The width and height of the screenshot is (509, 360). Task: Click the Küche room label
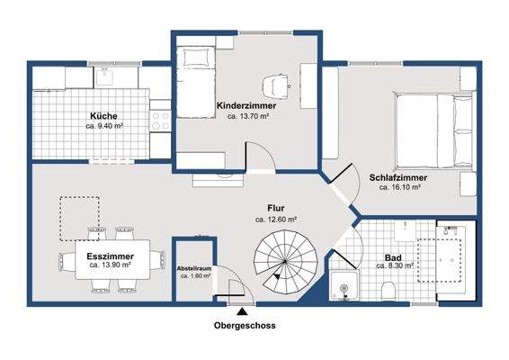103,116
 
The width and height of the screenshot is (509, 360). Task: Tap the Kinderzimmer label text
246,105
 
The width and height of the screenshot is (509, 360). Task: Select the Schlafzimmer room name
398,177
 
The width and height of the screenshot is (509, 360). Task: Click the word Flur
276,208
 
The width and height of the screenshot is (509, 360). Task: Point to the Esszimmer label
110,256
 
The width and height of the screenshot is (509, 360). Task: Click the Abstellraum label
194,269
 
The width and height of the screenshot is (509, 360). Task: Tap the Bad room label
393,258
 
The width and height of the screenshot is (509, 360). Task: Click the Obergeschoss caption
245,326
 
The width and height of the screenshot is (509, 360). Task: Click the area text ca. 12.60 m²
276,220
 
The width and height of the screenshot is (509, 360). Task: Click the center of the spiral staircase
285,261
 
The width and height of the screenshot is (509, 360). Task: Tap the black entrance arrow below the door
241,312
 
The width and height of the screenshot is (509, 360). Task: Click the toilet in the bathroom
388,290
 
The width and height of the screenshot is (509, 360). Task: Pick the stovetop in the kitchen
160,121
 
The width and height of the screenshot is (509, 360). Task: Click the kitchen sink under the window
104,76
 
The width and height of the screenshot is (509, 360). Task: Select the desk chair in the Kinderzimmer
275,85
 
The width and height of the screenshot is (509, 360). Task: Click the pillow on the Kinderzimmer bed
195,58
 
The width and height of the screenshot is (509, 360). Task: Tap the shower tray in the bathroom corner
344,285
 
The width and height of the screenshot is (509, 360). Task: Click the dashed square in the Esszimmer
79,219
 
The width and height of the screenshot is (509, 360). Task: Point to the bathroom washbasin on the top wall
406,230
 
